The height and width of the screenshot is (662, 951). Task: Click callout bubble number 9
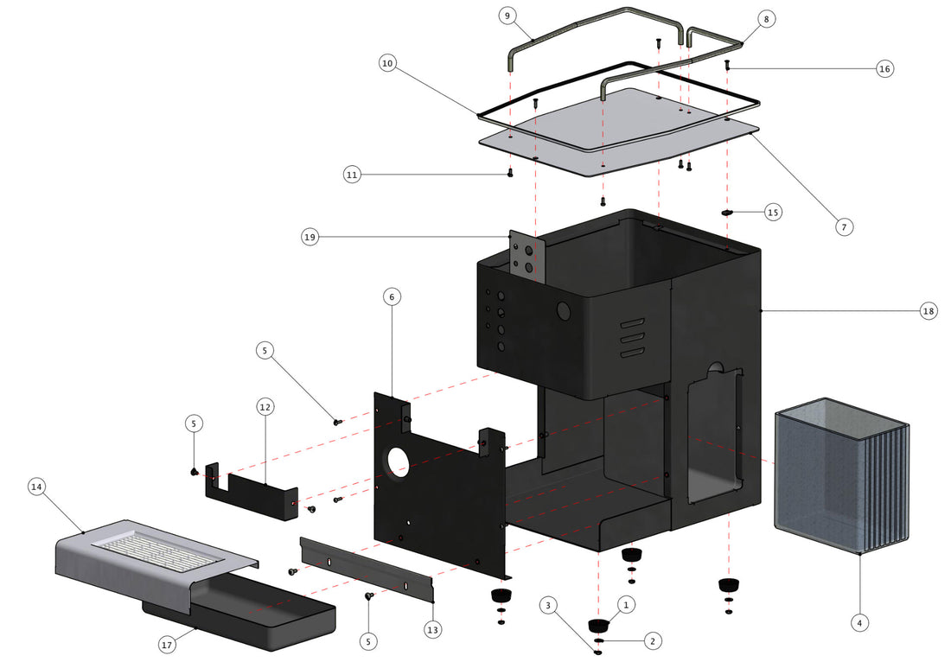tap(507, 16)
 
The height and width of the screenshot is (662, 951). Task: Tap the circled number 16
tap(884, 69)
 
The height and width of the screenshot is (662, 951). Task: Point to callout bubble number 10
tap(386, 63)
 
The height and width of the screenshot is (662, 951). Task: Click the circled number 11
tap(351, 175)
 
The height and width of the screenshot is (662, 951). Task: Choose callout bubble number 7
tap(845, 227)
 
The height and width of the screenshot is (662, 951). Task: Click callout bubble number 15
tap(773, 211)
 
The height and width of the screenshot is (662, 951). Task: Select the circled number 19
tap(310, 236)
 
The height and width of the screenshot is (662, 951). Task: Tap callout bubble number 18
tap(929, 311)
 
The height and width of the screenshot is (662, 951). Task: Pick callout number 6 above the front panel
tap(392, 296)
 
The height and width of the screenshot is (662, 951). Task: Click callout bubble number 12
tap(265, 405)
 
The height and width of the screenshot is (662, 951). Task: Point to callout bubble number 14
tap(36, 487)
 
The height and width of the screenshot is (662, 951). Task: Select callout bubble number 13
tap(432, 630)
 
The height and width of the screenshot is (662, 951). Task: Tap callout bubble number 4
tap(858, 621)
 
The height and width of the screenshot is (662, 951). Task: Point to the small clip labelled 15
tap(728, 211)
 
